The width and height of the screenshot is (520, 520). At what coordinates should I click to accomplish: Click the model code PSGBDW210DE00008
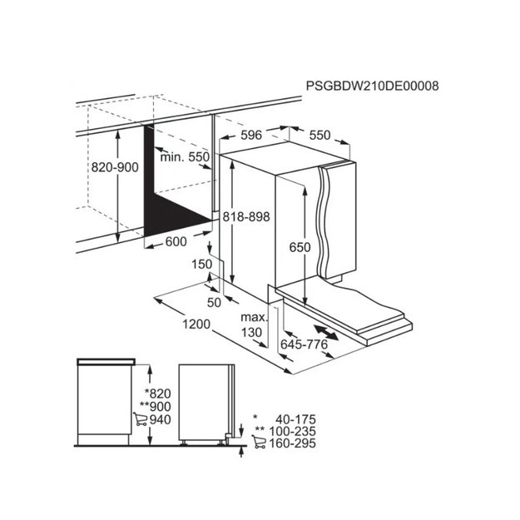372,86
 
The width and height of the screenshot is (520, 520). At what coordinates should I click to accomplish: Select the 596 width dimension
251,135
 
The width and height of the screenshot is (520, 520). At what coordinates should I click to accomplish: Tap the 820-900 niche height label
115,167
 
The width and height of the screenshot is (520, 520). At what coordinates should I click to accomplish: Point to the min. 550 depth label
185,156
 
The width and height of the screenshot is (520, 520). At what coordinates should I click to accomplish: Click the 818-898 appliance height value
246,217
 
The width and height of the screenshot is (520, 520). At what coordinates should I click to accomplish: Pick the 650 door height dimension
300,247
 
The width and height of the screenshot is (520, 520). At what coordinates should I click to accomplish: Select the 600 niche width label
176,241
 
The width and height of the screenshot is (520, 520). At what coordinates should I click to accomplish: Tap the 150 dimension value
201,264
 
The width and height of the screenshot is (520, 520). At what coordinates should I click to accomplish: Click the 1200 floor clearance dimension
196,324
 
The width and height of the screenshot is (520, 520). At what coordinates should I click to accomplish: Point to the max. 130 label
254,324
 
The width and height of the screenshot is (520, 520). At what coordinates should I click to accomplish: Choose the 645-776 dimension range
304,344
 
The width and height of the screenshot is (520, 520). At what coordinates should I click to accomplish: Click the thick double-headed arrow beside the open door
326,333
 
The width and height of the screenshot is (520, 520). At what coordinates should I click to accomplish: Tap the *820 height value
158,394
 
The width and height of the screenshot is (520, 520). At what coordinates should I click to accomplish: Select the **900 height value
156,406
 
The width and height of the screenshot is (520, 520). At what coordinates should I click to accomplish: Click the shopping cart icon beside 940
141,419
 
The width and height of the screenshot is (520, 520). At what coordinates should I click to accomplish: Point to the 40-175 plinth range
295,419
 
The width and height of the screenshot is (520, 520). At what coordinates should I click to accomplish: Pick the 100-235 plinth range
292,432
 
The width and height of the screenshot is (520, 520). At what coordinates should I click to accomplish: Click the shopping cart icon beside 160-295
259,442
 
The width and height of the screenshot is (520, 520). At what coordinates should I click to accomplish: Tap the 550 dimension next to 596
320,135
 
